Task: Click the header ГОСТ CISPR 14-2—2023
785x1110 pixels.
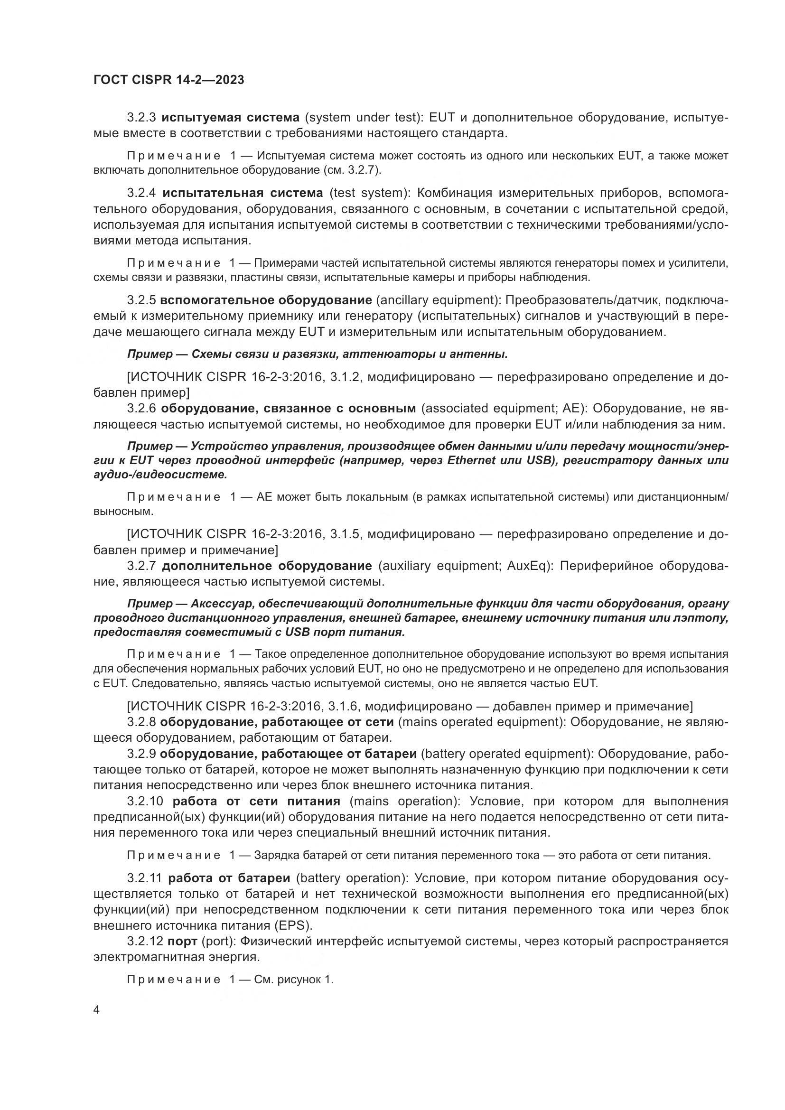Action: [168, 80]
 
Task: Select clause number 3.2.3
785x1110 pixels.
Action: [141, 118]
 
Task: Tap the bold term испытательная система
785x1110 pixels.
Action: [243, 193]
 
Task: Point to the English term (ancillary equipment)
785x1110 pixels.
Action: [439, 300]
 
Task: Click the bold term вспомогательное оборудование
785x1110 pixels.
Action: [266, 300]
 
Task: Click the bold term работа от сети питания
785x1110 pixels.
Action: [256, 802]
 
